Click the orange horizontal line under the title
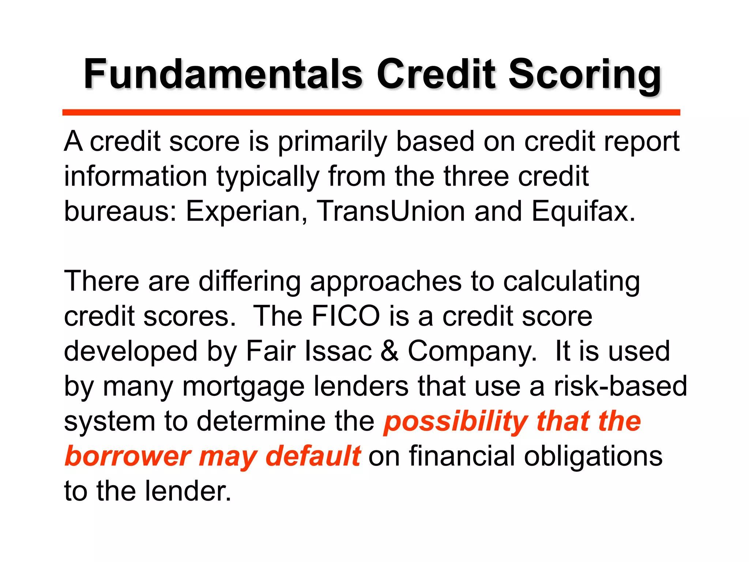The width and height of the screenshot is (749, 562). click(x=371, y=112)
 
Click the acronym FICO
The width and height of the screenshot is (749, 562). click(x=346, y=316)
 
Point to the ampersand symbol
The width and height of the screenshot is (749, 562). click(x=389, y=351)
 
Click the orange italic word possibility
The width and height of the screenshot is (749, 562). click(x=455, y=422)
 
